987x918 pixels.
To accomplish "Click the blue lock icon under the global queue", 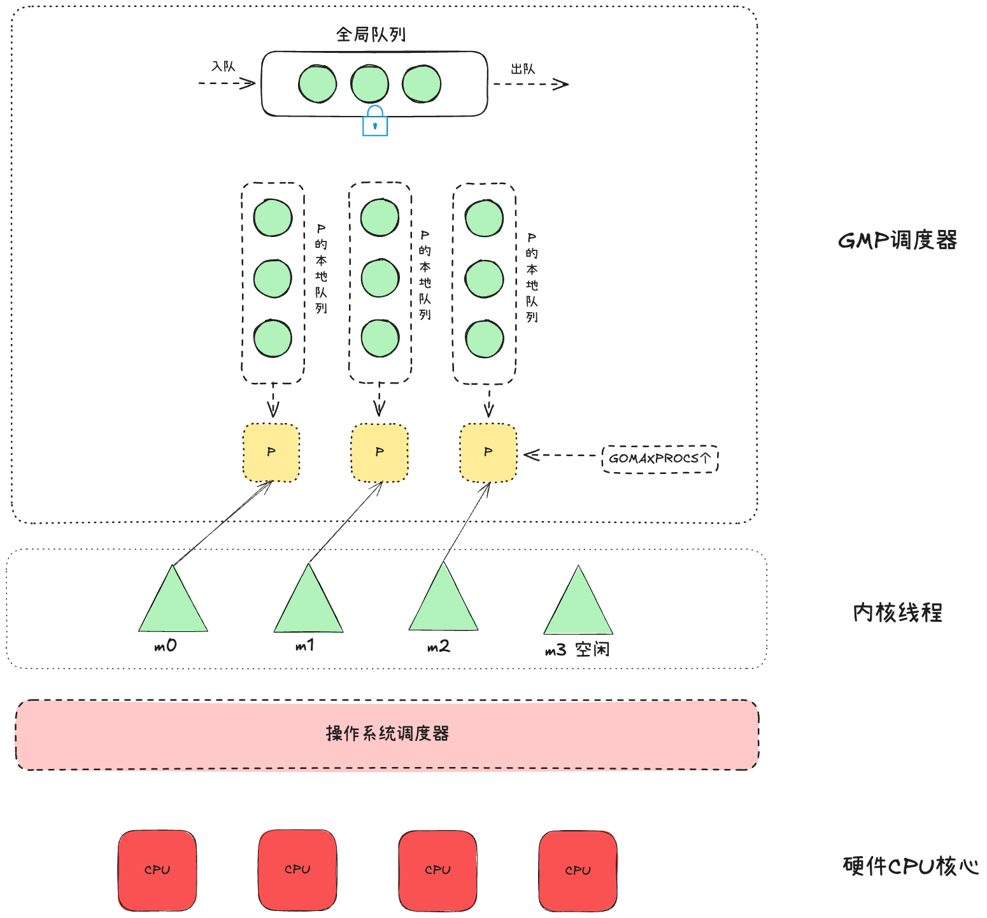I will [x=375, y=122].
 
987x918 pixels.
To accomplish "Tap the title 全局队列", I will [x=371, y=34].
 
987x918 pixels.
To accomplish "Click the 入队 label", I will [x=224, y=66].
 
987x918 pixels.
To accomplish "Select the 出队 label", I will [x=523, y=69].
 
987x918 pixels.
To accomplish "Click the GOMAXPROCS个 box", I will [x=660, y=459].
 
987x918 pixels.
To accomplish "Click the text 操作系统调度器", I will [x=387, y=734].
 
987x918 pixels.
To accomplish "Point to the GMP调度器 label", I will [x=897, y=240].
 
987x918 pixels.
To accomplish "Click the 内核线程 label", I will [x=897, y=613].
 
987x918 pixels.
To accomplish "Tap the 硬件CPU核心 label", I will [x=910, y=866].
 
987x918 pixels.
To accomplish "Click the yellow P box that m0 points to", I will [x=271, y=452].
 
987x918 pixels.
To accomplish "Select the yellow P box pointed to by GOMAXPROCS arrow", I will [x=488, y=452].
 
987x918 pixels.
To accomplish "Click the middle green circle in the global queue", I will [x=370, y=84].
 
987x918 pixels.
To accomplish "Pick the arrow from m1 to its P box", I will [x=345, y=522].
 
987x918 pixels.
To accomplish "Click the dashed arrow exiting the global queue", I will [x=530, y=84].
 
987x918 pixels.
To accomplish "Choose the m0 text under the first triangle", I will [x=166, y=646].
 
